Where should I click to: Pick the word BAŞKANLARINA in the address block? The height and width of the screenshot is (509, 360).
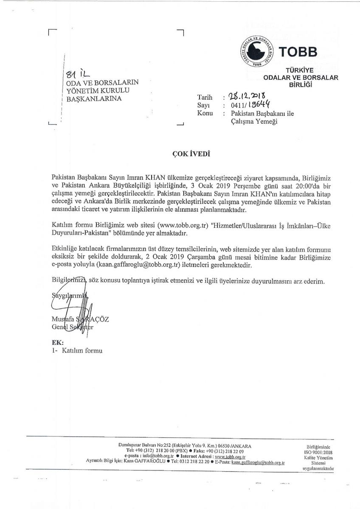click(x=92, y=99)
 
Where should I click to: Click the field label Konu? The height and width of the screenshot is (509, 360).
click(x=205, y=114)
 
